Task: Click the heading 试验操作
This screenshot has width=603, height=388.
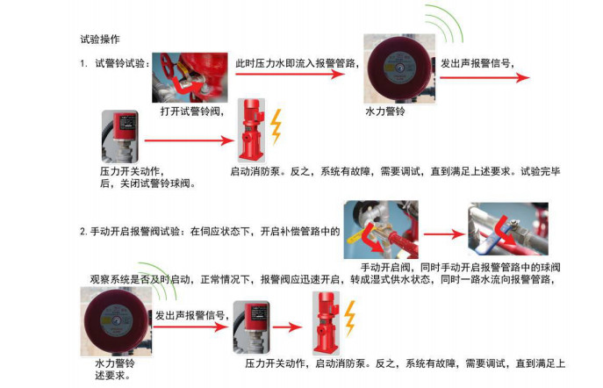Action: pos(99,40)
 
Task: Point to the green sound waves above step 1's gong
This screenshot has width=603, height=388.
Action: pos(446,26)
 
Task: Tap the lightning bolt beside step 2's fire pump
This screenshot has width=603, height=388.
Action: pos(350,316)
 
